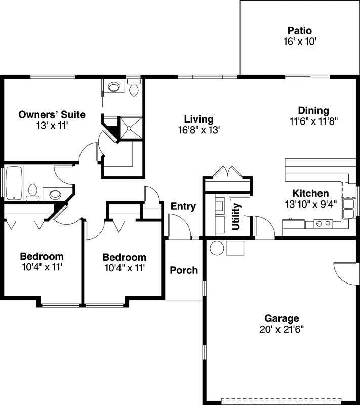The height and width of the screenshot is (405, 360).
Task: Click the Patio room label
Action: [x=300, y=31]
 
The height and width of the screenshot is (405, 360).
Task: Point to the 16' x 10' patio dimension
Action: [x=300, y=42]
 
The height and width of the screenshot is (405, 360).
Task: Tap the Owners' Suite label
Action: [x=52, y=115]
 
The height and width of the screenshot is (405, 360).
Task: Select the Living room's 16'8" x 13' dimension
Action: [x=198, y=130]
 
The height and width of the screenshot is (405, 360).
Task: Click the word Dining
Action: [x=313, y=111]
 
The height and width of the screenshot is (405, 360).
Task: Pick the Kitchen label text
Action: [x=310, y=193]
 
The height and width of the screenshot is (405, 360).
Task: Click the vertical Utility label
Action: [x=236, y=217]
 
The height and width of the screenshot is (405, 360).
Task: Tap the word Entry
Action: [x=183, y=206]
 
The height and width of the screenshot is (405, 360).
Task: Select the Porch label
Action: [x=184, y=270]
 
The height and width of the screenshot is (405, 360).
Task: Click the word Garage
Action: [x=282, y=318]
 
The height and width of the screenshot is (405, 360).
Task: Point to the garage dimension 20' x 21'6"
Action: [x=282, y=329]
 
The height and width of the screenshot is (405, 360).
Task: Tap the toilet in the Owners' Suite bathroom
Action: [x=134, y=89]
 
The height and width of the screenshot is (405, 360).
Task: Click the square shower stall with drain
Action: [x=130, y=128]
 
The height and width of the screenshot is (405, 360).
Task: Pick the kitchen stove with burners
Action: [x=322, y=223]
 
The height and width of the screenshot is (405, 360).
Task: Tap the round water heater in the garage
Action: [x=217, y=248]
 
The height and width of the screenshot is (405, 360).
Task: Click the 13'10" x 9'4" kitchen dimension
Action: [x=310, y=204]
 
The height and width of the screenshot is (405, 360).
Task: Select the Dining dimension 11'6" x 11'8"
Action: [x=313, y=121]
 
